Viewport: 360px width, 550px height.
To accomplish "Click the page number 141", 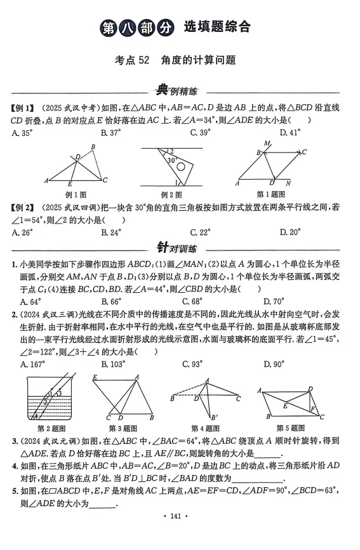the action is (x=180, y=536).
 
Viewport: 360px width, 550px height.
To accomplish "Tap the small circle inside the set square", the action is (x=183, y=167).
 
